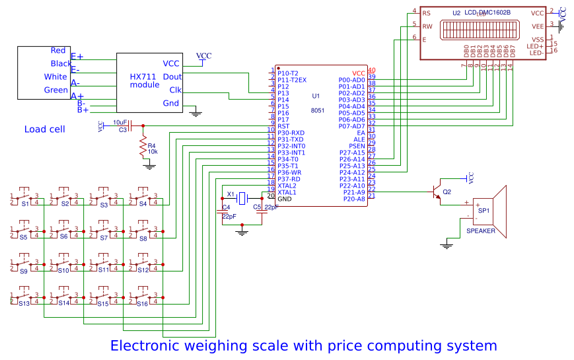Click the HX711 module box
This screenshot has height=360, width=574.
(x=149, y=82)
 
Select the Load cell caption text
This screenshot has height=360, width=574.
(x=44, y=129)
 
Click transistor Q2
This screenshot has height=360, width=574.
(x=437, y=192)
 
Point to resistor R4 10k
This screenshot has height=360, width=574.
(x=142, y=149)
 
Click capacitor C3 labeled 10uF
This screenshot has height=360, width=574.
(x=130, y=125)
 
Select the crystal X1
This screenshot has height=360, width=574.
(x=242, y=197)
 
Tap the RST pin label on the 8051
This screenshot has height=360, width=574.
(x=283, y=126)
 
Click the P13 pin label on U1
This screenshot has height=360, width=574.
(x=283, y=93)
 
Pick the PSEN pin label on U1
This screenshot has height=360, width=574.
(x=357, y=146)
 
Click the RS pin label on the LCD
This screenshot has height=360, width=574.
(x=426, y=13)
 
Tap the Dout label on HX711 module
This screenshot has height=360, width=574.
(x=172, y=77)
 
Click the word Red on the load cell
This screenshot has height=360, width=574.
(x=58, y=51)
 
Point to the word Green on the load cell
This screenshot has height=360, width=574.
(x=55, y=90)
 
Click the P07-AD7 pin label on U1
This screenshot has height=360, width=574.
(x=351, y=126)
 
